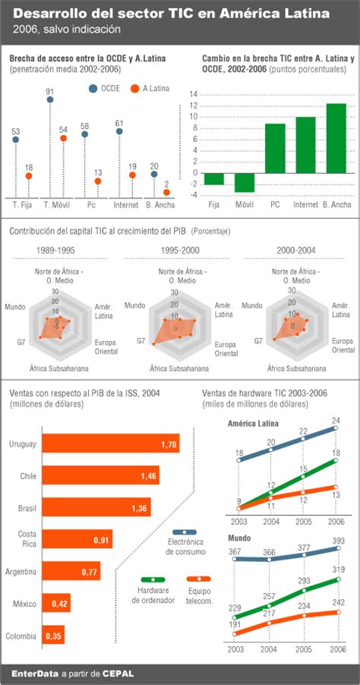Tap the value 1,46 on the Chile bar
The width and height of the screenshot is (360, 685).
[x=149, y=476]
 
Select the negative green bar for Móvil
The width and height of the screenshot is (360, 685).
[x=245, y=182]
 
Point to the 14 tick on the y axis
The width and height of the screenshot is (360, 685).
[x=194, y=95]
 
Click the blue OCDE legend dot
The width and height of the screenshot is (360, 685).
[x=93, y=89]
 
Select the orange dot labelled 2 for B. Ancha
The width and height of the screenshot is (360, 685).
[x=166, y=192]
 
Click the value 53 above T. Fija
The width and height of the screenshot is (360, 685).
[x=15, y=131]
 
